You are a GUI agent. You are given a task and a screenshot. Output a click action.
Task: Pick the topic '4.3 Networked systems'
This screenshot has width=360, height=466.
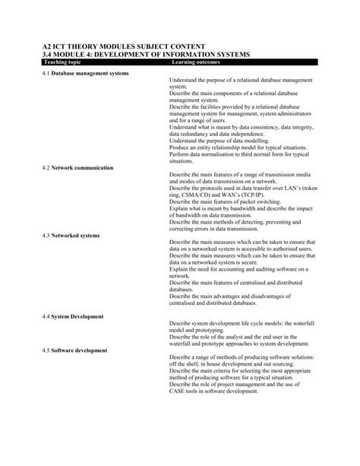point(71,235)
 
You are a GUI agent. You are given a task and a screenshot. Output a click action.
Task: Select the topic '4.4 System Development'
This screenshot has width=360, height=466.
point(72,315)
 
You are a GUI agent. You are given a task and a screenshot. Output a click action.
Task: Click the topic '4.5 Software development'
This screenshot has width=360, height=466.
point(74,350)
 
